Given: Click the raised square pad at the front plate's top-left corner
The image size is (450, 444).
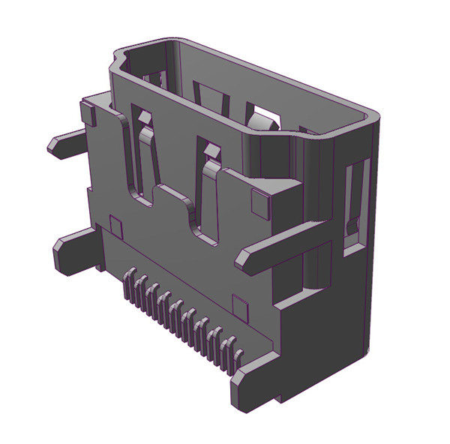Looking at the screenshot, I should (87, 113).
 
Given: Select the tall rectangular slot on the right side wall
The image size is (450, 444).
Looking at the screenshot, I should (354, 202).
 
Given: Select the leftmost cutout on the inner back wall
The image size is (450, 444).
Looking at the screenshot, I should (156, 77).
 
